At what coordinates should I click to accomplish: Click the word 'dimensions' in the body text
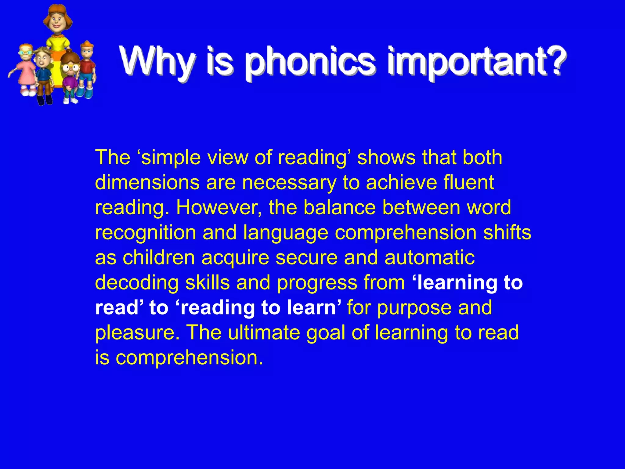[147, 182]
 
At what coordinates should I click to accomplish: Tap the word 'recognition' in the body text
[146, 233]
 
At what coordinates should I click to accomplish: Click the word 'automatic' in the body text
[429, 257]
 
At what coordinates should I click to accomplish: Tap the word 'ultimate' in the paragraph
[264, 332]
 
